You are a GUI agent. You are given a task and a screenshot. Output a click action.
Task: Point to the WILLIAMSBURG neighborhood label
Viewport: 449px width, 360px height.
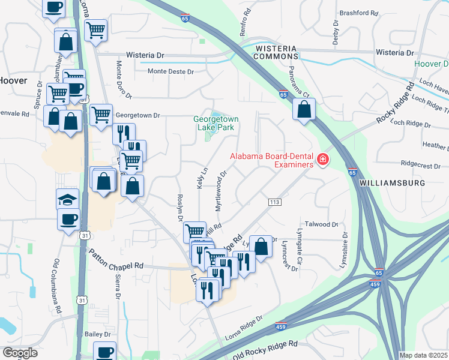click(393, 182)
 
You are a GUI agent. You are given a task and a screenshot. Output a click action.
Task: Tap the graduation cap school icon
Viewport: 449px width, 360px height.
click(68, 198)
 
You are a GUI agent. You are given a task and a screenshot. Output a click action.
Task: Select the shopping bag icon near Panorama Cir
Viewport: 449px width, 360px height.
click(304, 109)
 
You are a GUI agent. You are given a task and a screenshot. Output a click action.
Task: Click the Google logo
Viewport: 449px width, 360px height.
click(19, 353)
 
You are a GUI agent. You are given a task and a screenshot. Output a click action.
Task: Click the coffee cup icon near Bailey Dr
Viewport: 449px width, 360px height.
click(106, 352)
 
